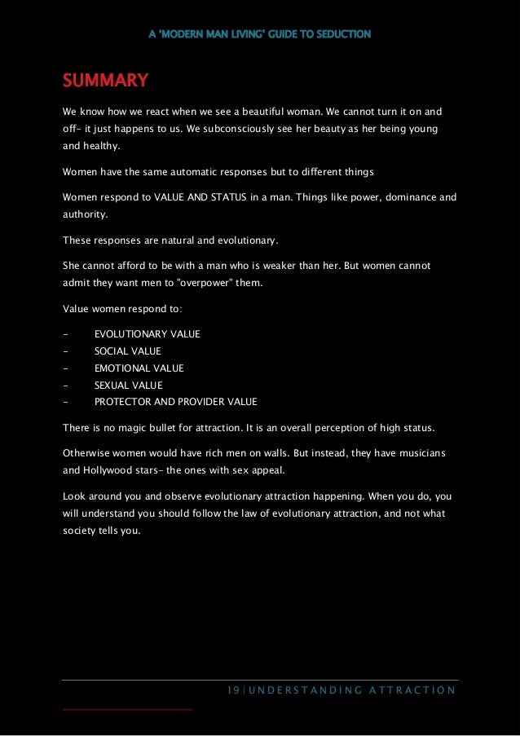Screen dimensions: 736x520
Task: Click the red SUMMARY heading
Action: [105, 81]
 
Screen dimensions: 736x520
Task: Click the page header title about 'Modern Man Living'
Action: [260, 34]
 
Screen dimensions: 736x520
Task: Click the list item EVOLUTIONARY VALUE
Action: [147, 334]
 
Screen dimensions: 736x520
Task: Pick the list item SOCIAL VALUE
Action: [127, 351]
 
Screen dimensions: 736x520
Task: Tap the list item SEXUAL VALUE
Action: [128, 386]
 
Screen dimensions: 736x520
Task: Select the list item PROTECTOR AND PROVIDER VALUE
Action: [175, 402]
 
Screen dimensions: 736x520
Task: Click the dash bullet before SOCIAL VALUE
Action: [64, 351]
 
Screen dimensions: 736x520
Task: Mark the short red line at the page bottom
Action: [127, 710]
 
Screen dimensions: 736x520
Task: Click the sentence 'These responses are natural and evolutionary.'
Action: [170, 240]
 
